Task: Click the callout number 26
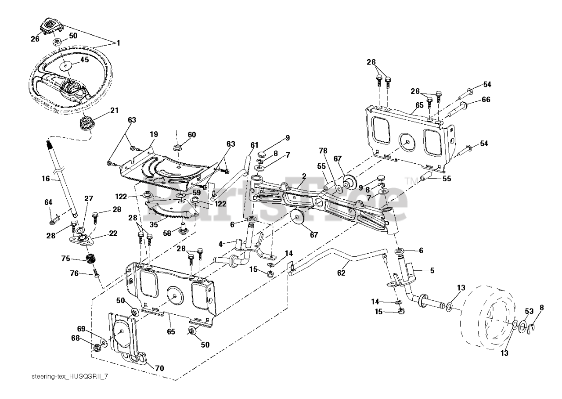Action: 35,39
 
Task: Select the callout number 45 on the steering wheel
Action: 85,60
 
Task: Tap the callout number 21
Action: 115,110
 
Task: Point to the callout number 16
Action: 46,179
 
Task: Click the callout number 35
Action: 154,224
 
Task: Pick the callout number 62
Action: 341,273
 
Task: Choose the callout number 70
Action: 159,368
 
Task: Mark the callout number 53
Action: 529,312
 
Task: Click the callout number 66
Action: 486,100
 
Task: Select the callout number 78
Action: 323,151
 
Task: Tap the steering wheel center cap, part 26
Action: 51,27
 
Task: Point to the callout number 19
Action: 154,134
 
